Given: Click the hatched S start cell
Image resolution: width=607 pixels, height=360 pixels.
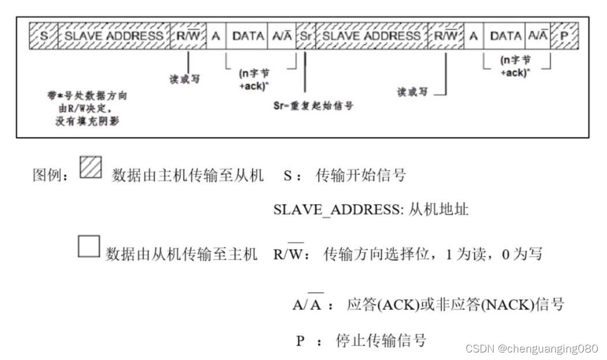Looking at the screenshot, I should [x=43, y=36].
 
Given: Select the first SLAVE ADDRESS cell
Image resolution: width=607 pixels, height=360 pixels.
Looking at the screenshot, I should [x=113, y=36].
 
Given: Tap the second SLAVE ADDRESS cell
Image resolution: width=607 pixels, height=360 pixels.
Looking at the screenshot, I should [x=372, y=36].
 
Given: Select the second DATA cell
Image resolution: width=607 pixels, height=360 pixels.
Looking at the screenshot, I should [x=505, y=36].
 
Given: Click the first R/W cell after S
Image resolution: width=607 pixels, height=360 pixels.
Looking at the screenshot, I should [x=188, y=36].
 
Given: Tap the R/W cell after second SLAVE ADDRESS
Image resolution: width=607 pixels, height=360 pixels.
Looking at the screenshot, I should [x=446, y=36].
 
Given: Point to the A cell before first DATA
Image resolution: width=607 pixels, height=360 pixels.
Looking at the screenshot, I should [x=217, y=36].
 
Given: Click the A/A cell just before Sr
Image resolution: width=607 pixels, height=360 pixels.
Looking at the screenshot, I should [x=282, y=36].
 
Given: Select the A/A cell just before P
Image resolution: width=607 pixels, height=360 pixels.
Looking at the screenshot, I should [x=538, y=36].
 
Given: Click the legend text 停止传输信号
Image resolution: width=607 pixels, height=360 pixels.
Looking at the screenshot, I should [x=381, y=340].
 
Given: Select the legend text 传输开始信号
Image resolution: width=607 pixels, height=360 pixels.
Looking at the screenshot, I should [x=360, y=175].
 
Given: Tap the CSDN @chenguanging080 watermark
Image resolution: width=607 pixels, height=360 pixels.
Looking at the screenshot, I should [x=531, y=348].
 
